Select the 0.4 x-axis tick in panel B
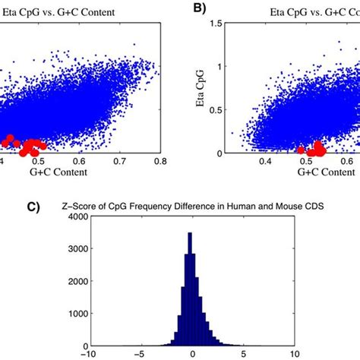[266, 162]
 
